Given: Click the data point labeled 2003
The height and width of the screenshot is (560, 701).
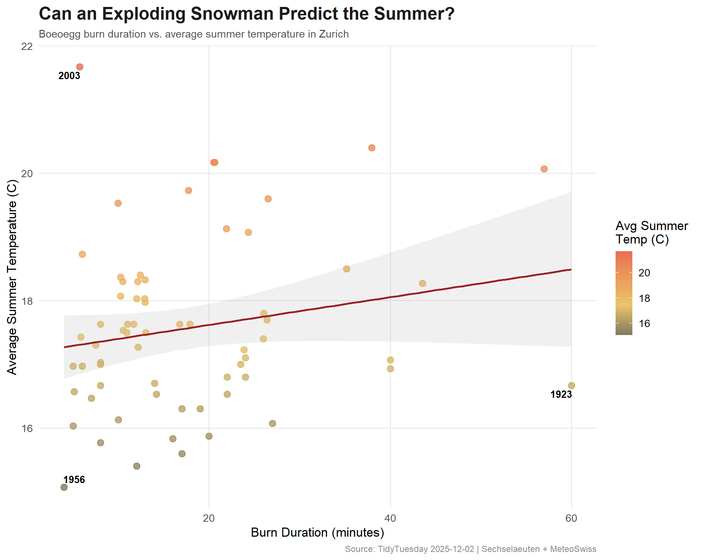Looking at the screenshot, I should tap(80, 67).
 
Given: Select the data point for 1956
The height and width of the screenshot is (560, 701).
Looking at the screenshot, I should tap(64, 487).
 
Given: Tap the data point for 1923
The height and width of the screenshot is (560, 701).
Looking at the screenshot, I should tap(571, 385).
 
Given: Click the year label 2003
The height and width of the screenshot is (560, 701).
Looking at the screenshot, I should tap(69, 76).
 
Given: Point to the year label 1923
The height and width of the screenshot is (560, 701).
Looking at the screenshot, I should tap(561, 394).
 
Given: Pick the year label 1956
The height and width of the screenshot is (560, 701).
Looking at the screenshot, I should tap(74, 479).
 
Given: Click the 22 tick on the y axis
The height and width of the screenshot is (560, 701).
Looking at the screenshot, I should tap(27, 46).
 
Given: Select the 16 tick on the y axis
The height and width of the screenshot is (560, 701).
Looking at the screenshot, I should tap(27, 428).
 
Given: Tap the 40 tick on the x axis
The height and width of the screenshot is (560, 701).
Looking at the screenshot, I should tap(390, 518).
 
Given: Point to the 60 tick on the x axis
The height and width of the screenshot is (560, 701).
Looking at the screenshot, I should tap(571, 518).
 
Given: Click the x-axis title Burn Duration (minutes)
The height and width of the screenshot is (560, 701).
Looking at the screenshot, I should tap(317, 533).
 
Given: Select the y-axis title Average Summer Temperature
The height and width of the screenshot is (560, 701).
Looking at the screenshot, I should tap(12, 277).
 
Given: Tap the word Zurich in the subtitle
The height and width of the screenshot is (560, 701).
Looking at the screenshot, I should tap(334, 34).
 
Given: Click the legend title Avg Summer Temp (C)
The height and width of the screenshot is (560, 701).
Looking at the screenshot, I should tap(651, 233).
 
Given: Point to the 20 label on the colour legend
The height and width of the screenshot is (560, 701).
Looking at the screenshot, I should tap(644, 273).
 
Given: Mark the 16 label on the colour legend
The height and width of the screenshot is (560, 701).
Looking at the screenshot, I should tap(644, 323).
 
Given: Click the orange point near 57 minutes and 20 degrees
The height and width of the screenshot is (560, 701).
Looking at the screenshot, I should tap(544, 169).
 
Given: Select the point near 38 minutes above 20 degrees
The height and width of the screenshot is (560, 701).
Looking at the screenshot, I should tap(372, 148).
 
